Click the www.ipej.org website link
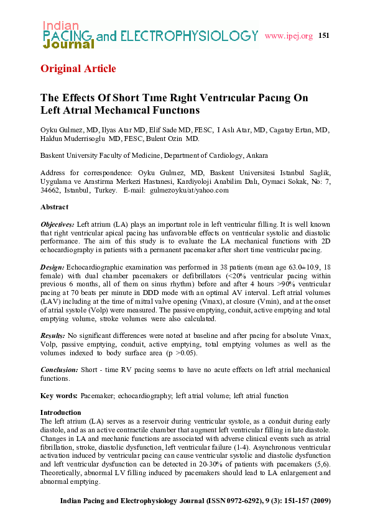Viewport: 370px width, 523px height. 288,36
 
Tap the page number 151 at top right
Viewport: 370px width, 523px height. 323,35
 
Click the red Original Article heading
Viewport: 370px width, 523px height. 78,68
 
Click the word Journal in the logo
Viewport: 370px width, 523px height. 68,45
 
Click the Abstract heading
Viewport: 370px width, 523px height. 54,206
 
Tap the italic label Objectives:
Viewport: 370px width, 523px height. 57,223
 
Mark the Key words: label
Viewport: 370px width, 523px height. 59,396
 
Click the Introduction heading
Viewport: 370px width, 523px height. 60,412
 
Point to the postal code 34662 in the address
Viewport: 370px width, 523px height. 50,190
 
